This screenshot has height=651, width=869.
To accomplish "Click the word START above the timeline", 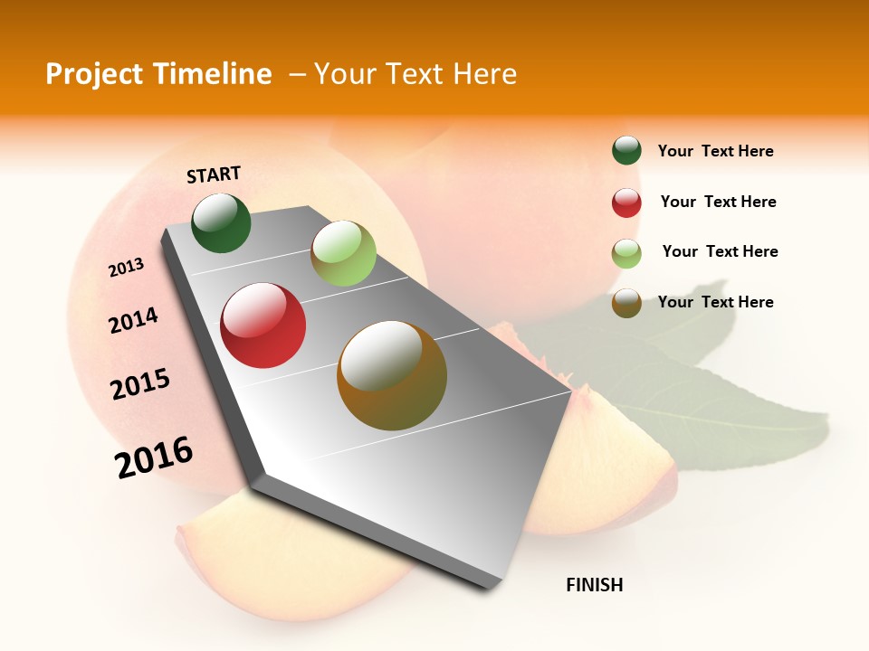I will (214, 175).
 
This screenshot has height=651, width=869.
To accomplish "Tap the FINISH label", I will (595, 585).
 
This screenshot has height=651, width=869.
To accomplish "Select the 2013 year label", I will (127, 268).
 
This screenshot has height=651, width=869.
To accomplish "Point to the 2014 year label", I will (134, 321).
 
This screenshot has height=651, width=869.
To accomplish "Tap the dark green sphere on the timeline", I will (221, 222).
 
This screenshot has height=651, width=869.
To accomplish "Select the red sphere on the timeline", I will (263, 325).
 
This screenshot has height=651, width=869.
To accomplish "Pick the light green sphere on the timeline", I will (343, 253).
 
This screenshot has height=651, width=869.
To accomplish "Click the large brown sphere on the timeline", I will (392, 375).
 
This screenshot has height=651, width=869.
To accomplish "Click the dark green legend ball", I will (626, 151).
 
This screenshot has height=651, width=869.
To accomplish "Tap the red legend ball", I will (626, 203).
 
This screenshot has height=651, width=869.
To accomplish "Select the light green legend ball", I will (626, 252).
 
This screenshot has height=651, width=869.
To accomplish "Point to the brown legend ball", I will (626, 303).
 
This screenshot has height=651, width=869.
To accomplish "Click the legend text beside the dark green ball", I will (716, 152).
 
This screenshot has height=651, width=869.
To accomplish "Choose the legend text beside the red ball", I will (719, 202).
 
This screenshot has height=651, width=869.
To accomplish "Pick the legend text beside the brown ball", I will (716, 302).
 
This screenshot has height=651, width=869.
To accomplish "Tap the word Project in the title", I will (95, 74).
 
